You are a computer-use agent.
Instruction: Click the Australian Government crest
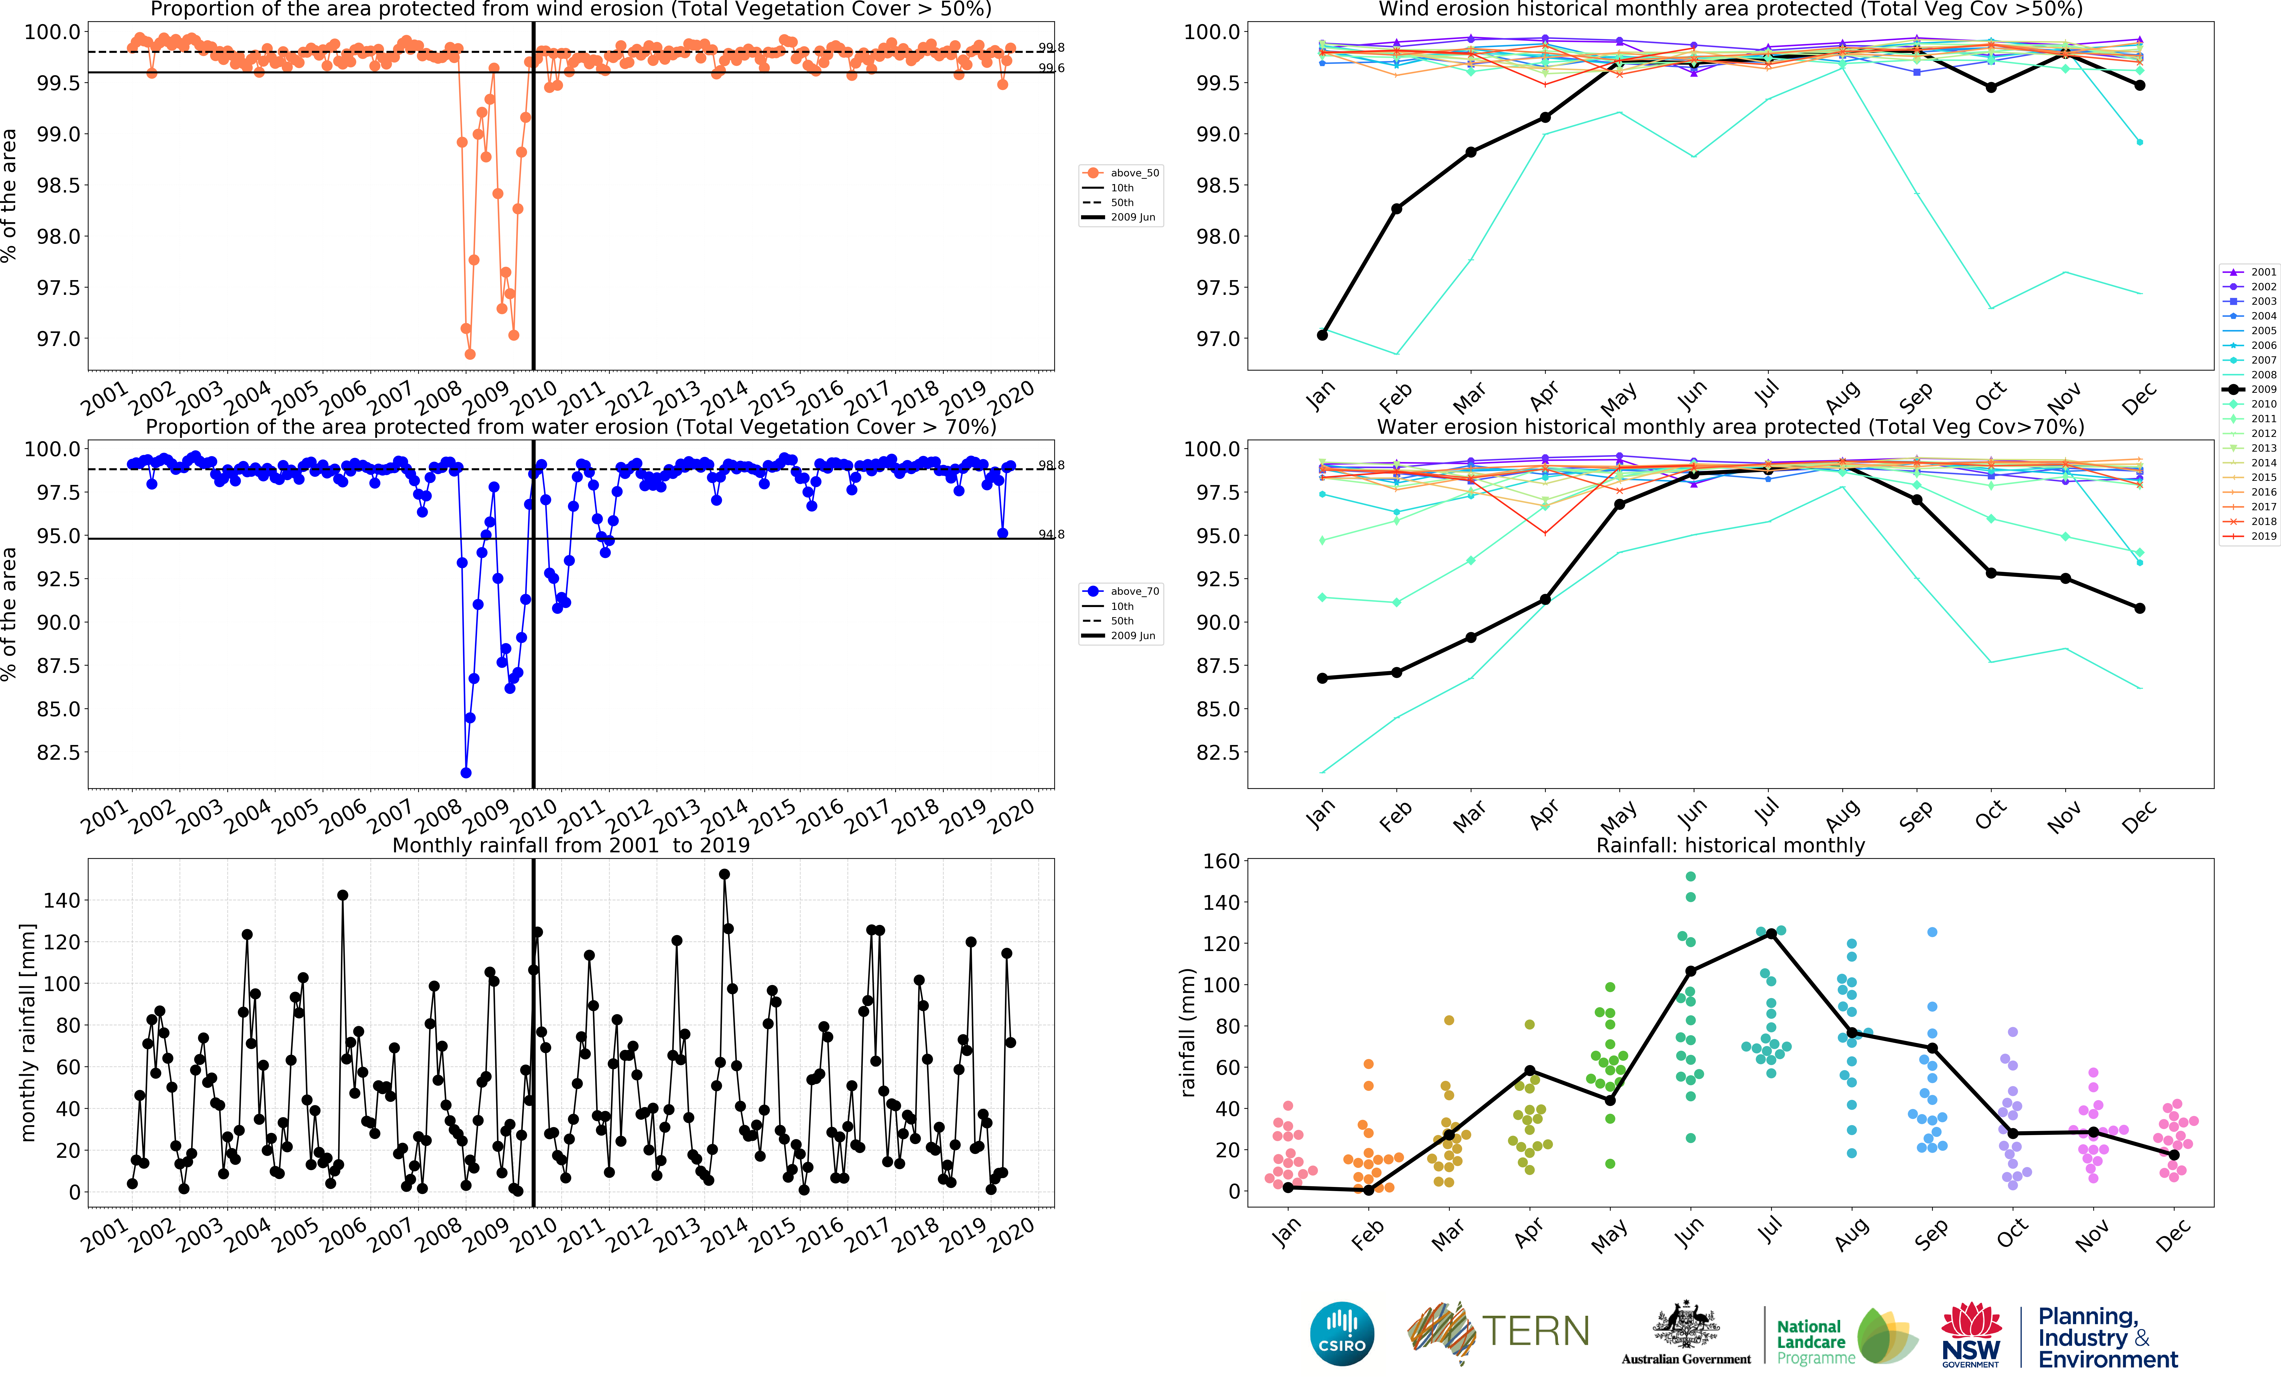tap(1686, 1325)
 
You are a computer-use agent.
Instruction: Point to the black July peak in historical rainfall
tap(1771, 934)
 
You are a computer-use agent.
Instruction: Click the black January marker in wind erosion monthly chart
tap(1322, 335)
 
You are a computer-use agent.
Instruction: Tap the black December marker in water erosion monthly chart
tap(2139, 608)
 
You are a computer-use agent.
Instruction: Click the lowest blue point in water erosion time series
tap(466, 773)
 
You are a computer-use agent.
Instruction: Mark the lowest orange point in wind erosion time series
tap(469, 354)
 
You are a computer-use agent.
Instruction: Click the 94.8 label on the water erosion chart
tap(1051, 534)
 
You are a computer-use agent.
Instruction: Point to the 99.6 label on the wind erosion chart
tap(1051, 68)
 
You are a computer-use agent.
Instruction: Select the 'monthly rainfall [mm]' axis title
tap(28, 1032)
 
